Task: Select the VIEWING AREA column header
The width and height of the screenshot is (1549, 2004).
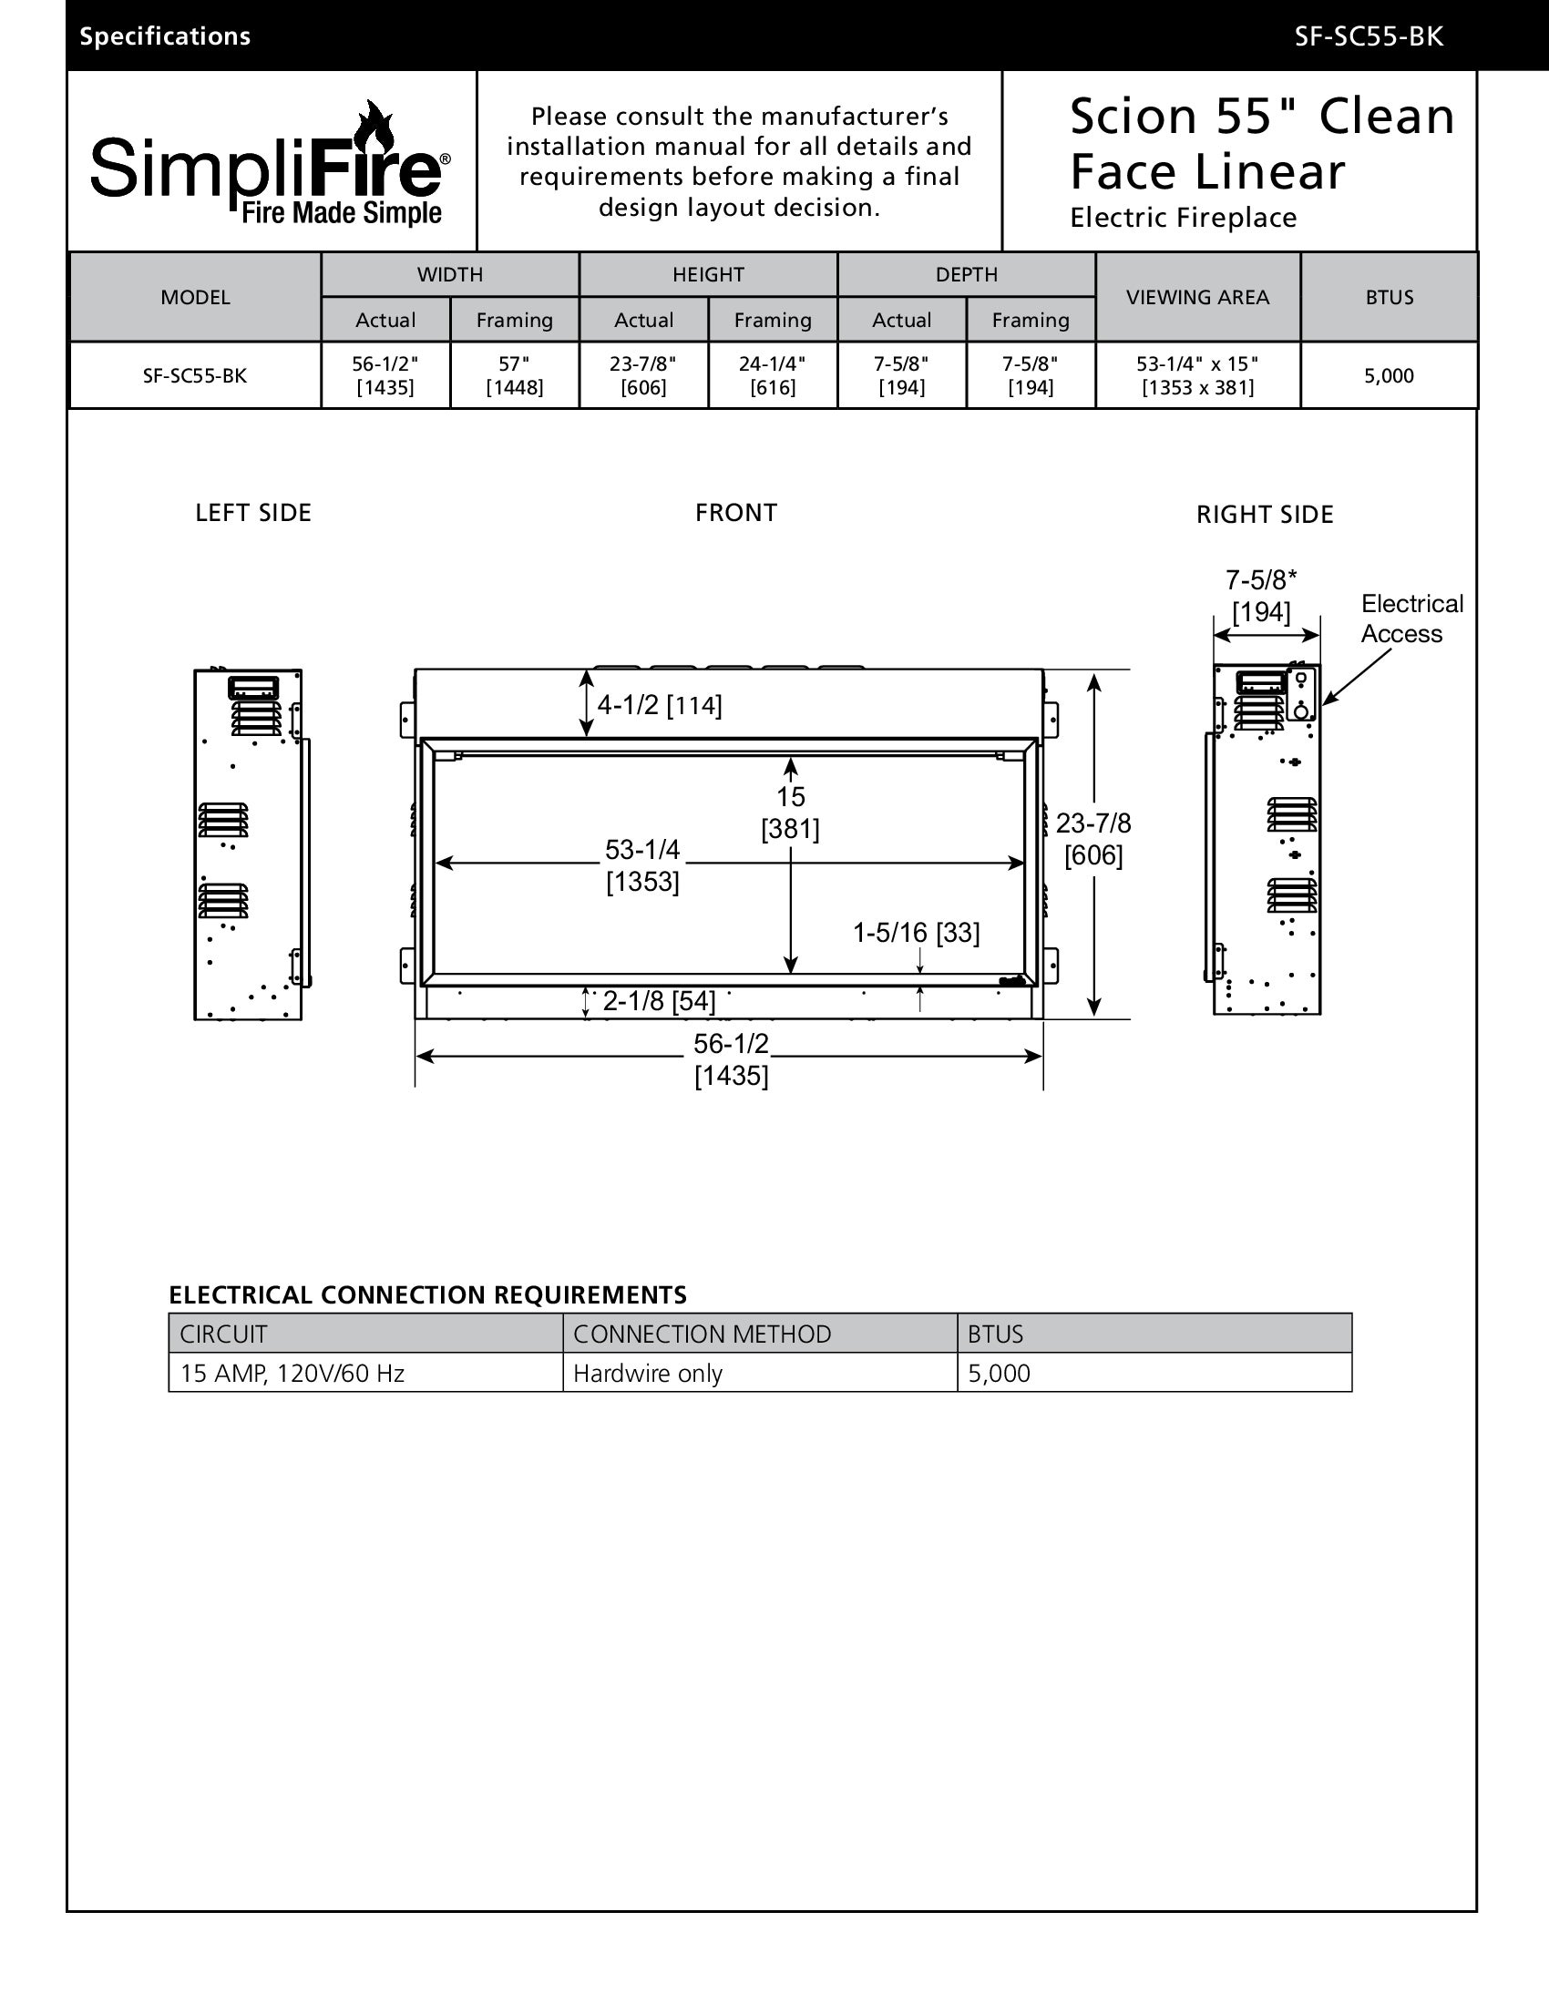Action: (1197, 297)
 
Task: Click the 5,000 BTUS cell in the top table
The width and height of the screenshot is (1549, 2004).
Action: (1389, 375)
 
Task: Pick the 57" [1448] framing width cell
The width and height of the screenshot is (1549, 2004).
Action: (514, 375)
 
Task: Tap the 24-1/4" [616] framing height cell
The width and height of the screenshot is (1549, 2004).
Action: (773, 375)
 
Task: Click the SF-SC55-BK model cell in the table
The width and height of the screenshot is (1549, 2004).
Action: (195, 375)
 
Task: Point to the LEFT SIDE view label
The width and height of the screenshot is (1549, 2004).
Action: (253, 513)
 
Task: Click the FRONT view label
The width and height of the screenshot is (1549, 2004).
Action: (736, 513)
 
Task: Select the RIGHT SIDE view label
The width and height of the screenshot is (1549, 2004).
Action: (1265, 515)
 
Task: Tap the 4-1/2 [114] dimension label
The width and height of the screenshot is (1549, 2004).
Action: (660, 705)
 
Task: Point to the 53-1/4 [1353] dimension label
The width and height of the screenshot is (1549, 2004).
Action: (642, 865)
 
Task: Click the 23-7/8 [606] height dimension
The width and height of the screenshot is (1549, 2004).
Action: (1093, 839)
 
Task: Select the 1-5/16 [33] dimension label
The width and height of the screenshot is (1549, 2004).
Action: (916, 933)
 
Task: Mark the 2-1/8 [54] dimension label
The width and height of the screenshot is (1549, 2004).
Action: (659, 1001)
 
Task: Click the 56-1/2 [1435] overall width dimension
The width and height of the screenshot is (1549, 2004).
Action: (732, 1058)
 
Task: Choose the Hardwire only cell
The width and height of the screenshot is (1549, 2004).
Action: (648, 1374)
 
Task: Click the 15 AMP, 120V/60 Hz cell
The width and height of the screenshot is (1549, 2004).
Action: (292, 1374)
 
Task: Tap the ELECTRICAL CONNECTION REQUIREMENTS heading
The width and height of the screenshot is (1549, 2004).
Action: (427, 1294)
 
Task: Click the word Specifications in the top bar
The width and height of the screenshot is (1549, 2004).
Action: (165, 36)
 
